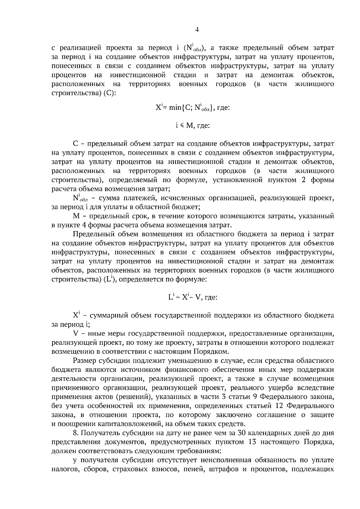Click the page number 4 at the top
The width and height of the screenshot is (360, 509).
point(197,29)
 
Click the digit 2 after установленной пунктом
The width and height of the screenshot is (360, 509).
point(303,180)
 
